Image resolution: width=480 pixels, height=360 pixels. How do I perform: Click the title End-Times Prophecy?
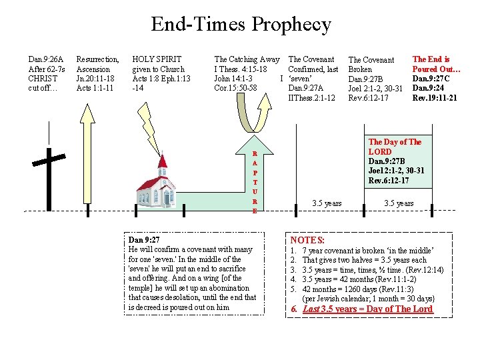tap(241, 25)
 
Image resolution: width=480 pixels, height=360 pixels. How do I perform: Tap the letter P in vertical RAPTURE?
tap(254, 172)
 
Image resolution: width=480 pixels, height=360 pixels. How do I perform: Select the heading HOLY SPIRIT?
tap(157, 59)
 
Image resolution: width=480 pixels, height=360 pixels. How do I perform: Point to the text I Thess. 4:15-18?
tap(241, 69)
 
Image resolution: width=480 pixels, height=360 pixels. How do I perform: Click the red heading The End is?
tap(431, 59)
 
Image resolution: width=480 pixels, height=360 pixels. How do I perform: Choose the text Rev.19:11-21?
tap(435, 97)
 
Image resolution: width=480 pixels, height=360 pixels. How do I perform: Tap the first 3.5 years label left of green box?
tap(327, 203)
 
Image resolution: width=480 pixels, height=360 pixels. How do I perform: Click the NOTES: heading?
tap(307, 240)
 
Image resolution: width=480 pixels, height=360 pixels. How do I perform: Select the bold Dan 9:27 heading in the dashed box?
tap(143, 239)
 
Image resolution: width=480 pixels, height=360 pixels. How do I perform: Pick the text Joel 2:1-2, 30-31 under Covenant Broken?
tap(376, 89)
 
